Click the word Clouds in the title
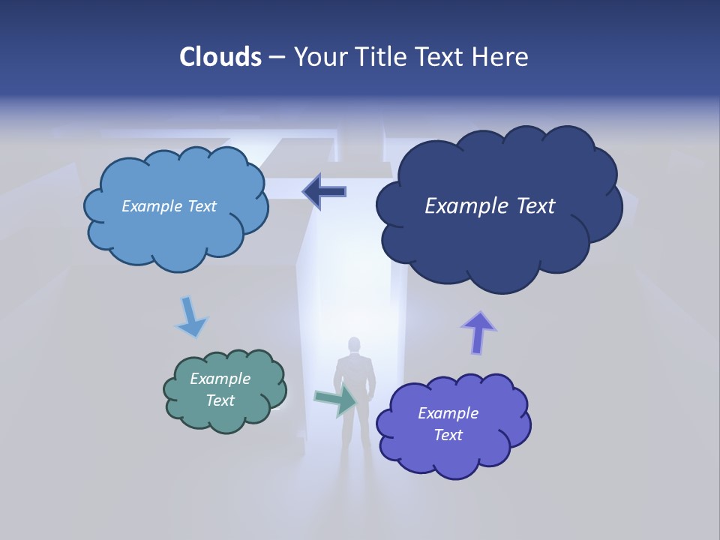point(221,57)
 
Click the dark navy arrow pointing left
point(324,192)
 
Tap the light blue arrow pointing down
point(190,317)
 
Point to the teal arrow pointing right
point(336,400)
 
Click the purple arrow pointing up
point(478,331)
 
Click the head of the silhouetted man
point(354,346)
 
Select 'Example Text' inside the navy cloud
point(490,206)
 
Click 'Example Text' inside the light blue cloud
point(169,206)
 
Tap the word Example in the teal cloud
point(220,379)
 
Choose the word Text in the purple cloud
point(448,435)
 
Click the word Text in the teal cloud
point(220,400)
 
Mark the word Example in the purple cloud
point(448,413)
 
